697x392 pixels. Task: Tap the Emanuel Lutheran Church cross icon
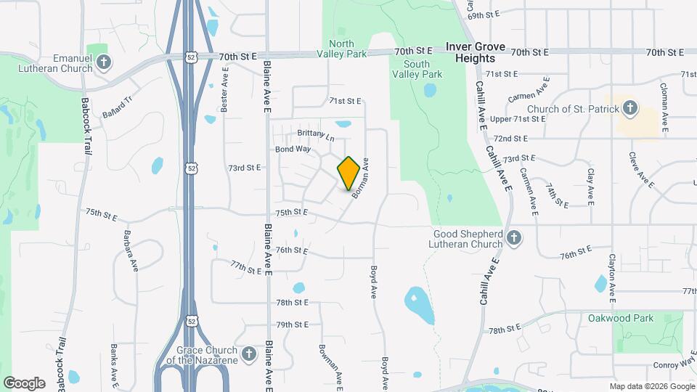click(x=103, y=61)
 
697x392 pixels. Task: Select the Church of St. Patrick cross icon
click(x=629, y=110)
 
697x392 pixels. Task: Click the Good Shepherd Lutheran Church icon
click(x=514, y=238)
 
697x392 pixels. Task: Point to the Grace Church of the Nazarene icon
click(x=248, y=354)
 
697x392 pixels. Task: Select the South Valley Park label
click(x=417, y=69)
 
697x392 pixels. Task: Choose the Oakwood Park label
click(x=621, y=318)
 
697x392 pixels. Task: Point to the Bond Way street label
click(x=293, y=149)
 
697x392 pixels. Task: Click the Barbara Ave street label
click(x=131, y=250)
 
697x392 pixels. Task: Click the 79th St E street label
click(x=293, y=324)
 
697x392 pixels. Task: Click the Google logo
click(x=24, y=383)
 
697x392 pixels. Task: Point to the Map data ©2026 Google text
click(x=651, y=386)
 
